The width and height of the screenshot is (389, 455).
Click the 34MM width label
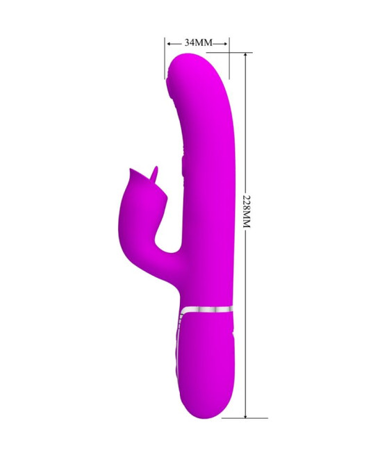tap(199, 42)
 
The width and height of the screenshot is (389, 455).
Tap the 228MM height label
tap(247, 210)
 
